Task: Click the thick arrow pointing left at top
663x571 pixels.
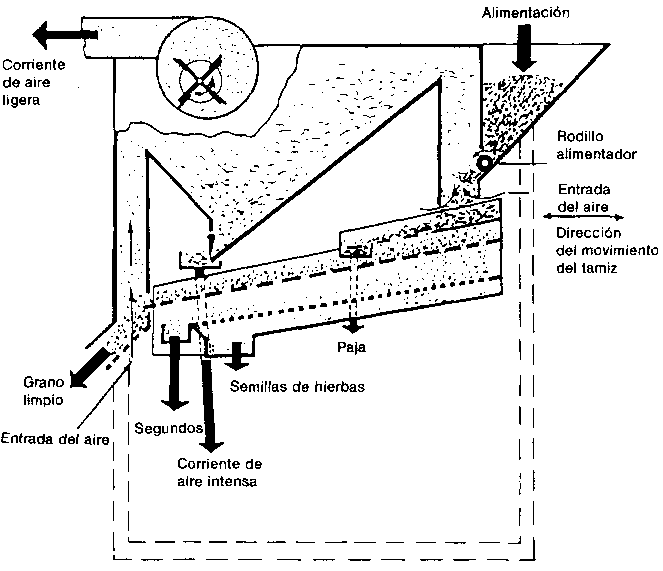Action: [x=65, y=35]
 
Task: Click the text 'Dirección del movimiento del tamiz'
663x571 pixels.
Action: [x=604, y=249]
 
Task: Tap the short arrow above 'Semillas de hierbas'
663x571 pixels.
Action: [x=239, y=353]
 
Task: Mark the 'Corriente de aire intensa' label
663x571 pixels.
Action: [x=219, y=473]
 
